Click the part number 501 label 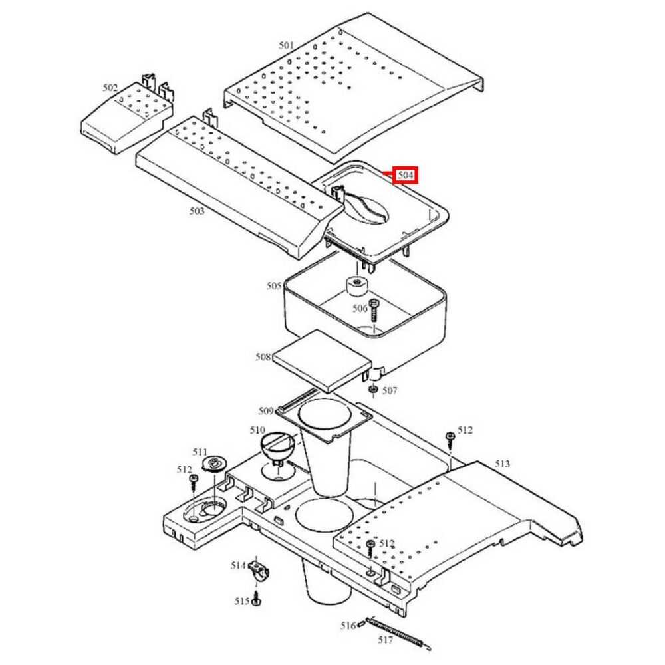click(286, 45)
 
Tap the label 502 click(110, 88)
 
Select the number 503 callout click(197, 211)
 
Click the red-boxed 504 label click(405, 175)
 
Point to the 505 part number click(274, 286)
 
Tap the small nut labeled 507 click(374, 388)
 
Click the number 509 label click(266, 410)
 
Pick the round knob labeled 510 click(279, 446)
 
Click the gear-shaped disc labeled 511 click(214, 464)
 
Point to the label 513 click(502, 464)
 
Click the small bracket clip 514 click(259, 571)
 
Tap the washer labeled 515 click(257, 600)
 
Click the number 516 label click(348, 626)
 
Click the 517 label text click(386, 640)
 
